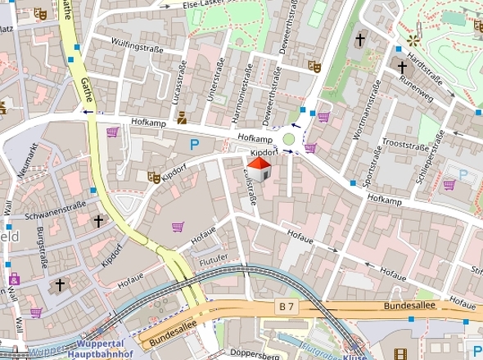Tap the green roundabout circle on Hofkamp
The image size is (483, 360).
[x=288, y=140]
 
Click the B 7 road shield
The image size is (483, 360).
[x=282, y=305]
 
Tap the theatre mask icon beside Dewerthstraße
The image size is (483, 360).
[x=312, y=65]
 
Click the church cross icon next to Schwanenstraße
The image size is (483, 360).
[x=99, y=220]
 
